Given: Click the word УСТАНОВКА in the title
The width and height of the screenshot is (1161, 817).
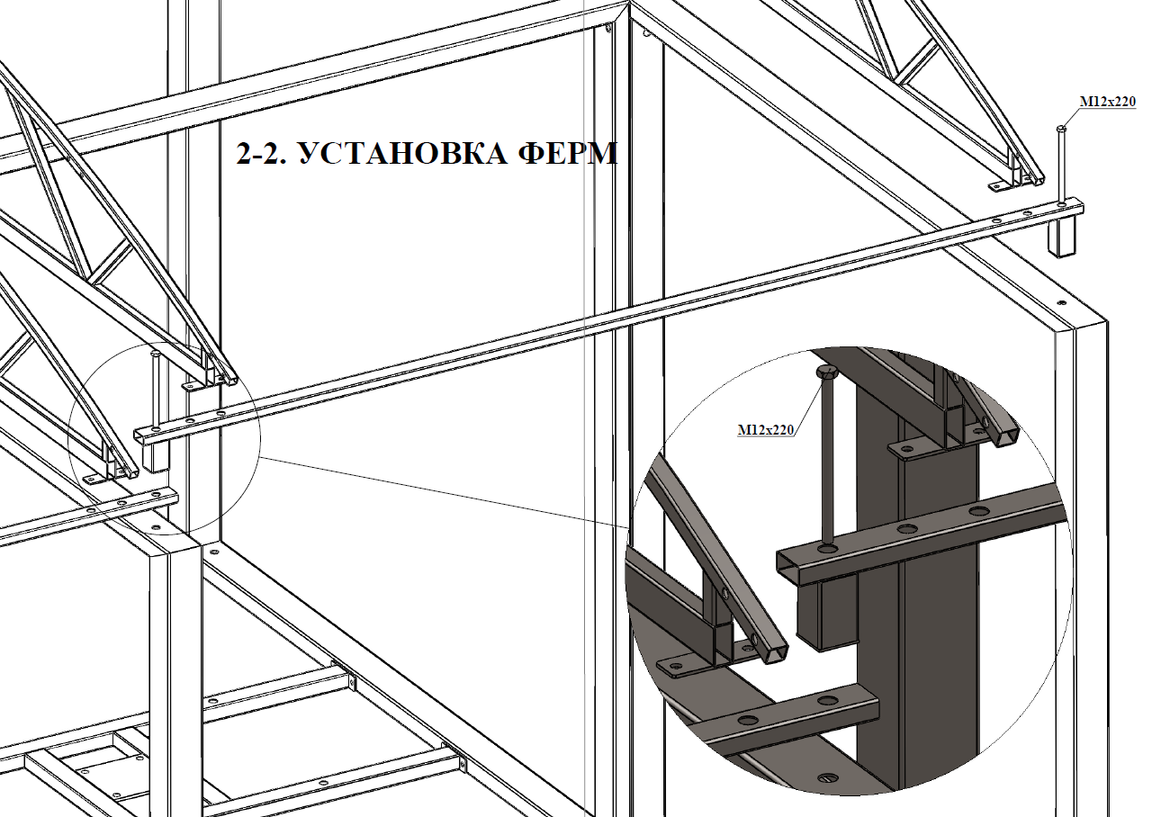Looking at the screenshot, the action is (x=403, y=154).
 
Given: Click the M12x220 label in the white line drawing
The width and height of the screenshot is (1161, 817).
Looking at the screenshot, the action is (x=1108, y=102).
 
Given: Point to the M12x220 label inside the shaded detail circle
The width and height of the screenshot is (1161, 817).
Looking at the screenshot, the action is (x=766, y=429).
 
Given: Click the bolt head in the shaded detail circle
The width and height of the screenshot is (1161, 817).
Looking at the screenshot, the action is (x=828, y=372).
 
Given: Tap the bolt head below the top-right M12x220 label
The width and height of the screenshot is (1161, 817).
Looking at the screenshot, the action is (x=1061, y=128).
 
